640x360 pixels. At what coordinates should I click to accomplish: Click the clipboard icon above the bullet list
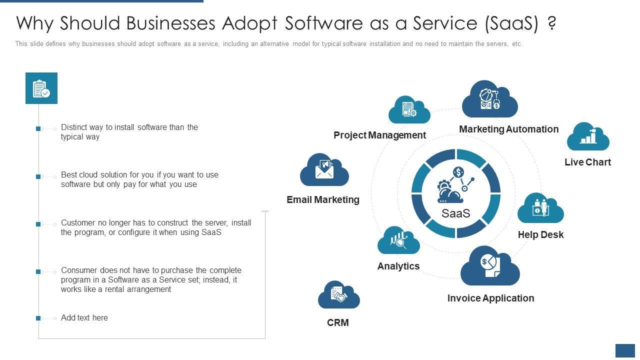[41, 88]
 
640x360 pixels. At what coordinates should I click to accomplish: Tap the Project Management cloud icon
[409, 110]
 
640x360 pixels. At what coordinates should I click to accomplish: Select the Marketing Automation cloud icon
[489, 98]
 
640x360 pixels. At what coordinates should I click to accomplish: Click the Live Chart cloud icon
[588, 136]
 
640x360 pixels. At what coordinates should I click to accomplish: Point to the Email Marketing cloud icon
[324, 170]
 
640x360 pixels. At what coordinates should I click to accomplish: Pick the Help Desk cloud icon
[540, 208]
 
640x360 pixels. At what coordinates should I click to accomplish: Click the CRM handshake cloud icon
[338, 295]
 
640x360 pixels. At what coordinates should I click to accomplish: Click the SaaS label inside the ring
[456, 213]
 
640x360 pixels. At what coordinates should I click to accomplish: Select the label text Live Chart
[587, 162]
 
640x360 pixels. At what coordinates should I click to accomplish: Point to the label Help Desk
[540, 234]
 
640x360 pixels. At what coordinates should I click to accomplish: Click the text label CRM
[338, 322]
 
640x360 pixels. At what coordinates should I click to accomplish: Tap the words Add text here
[84, 317]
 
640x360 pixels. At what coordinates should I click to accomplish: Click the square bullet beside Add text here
[38, 318]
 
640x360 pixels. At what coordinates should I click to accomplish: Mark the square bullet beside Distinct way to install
[38, 128]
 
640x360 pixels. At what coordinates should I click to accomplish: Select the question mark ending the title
[551, 23]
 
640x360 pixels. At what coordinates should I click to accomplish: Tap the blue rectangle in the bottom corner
[625, 350]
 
